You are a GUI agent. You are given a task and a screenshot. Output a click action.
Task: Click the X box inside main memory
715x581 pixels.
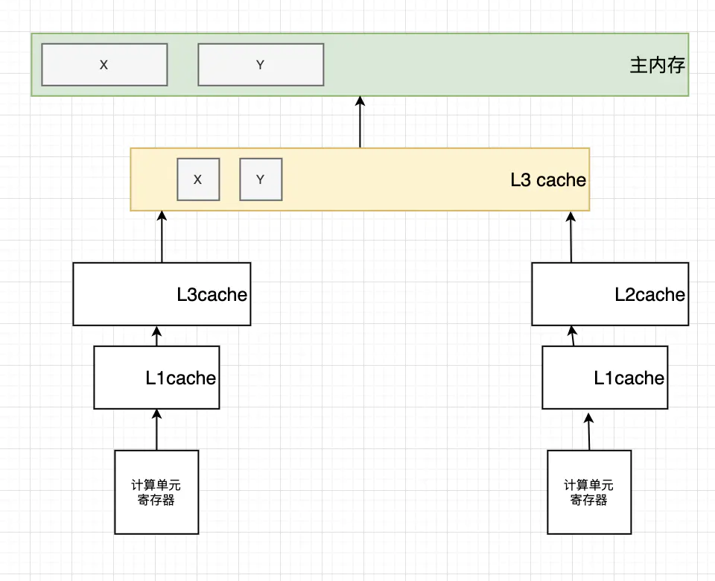tap(104, 65)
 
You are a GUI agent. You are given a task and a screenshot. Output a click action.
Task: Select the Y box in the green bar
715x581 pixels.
tap(261, 65)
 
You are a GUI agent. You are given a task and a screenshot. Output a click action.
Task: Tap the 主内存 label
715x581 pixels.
tap(657, 66)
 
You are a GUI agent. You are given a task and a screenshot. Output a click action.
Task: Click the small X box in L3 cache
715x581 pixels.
tap(198, 180)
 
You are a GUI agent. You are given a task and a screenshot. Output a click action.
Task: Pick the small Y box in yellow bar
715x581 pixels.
tap(261, 180)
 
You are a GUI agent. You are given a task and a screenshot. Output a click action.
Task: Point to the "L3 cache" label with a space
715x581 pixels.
tap(548, 180)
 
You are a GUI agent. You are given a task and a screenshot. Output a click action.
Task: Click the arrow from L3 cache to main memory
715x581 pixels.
tap(360, 121)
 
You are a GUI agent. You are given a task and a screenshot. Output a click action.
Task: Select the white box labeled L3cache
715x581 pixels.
tap(162, 294)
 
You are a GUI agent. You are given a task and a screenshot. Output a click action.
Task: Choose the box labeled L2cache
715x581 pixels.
tap(610, 294)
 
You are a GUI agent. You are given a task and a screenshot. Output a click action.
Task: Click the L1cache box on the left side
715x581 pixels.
tap(156, 378)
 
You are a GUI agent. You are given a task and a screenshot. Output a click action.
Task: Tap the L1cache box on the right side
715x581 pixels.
tap(605, 378)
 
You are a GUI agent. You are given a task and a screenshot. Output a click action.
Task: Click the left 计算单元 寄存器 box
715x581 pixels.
tap(156, 492)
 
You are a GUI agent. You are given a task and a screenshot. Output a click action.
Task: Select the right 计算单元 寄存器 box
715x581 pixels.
tap(589, 492)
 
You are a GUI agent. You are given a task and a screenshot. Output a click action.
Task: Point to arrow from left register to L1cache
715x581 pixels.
tap(157, 430)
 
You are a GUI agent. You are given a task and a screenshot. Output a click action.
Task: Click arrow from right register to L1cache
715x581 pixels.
tap(588, 432)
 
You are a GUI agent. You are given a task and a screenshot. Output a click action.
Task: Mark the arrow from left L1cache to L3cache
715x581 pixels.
tap(157, 336)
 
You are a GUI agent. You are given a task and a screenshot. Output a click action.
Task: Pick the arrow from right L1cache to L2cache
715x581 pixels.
tap(573, 336)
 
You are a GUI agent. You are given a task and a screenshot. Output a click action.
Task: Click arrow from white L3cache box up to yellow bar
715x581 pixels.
tap(162, 237)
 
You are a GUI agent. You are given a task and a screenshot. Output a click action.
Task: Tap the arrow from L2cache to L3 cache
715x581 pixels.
tap(571, 237)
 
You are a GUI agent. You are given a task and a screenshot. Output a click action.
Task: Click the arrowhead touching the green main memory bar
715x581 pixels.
tap(360, 101)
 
